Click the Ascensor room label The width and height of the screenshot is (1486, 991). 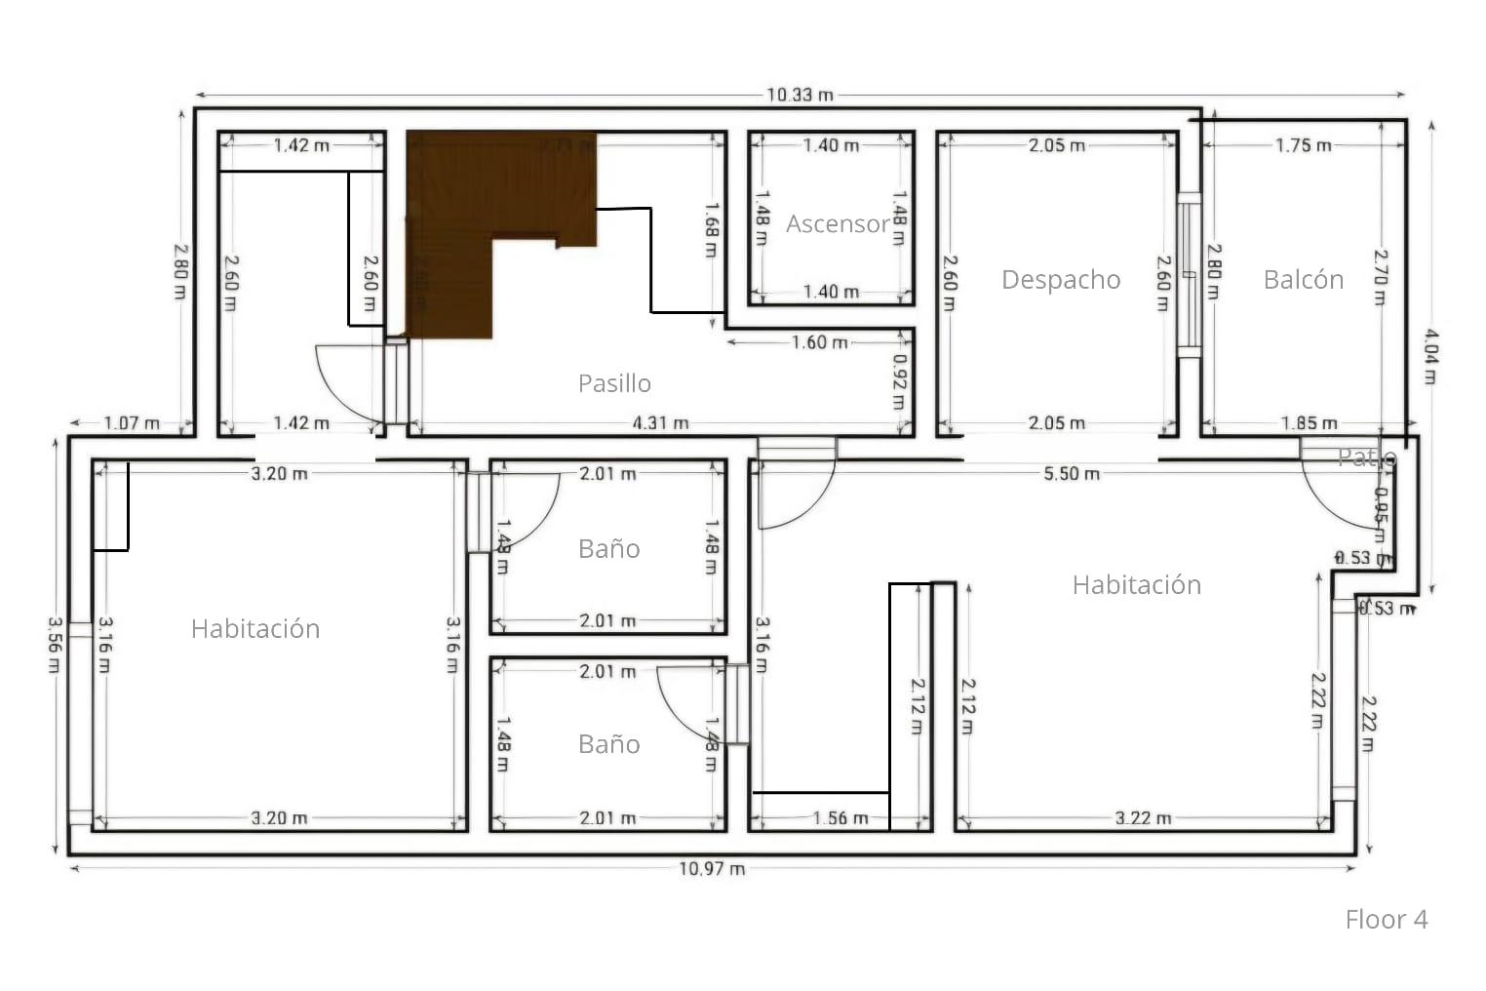tap(838, 224)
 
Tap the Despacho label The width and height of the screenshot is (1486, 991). tap(1061, 280)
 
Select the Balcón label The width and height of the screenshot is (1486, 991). tap(1303, 280)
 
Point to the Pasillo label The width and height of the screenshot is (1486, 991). tap(614, 383)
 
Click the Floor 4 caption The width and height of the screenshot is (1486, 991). tap(1386, 919)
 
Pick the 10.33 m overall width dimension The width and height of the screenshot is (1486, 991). tap(800, 95)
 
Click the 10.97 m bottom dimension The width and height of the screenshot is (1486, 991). tap(712, 868)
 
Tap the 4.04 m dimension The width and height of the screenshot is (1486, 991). tap(1429, 356)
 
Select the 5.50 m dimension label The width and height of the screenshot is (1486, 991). tap(1072, 474)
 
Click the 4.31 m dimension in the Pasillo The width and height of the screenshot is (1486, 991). tap(660, 423)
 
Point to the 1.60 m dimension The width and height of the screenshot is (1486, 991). tap(819, 342)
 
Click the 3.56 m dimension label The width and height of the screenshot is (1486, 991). tap(54, 644)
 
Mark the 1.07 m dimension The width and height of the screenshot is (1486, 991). tap(132, 423)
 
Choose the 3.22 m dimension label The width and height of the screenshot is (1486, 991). tap(1143, 818)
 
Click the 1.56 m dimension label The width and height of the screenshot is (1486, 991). tap(841, 818)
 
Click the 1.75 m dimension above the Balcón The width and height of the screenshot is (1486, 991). tap(1303, 145)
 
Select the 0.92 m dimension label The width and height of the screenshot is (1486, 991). tap(899, 380)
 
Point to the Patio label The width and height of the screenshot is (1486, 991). tap(1366, 456)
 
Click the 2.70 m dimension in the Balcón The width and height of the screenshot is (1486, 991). tap(1380, 277)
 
